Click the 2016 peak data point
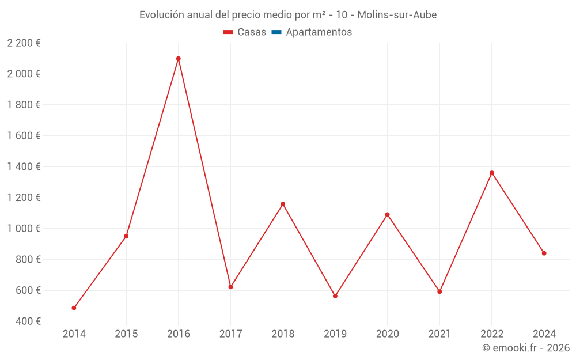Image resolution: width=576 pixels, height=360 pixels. pyautogui.click(x=179, y=59)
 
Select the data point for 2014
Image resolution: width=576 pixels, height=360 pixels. pyautogui.click(x=74, y=308)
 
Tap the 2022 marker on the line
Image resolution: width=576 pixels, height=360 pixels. pyautogui.click(x=492, y=173)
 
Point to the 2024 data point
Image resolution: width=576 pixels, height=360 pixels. pyautogui.click(x=544, y=253)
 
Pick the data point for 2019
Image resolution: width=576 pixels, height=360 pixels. pyautogui.click(x=335, y=296)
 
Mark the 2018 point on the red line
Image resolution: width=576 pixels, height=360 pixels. pyautogui.click(x=283, y=204)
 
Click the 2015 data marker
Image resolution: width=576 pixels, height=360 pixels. pyautogui.click(x=126, y=236)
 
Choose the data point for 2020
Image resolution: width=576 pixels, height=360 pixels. pyautogui.click(x=387, y=215)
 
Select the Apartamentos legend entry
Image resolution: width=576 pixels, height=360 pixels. pyautogui.click(x=319, y=32)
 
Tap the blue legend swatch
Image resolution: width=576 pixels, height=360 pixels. pyautogui.click(x=276, y=32)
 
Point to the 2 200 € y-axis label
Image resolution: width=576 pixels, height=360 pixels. pyautogui.click(x=24, y=43)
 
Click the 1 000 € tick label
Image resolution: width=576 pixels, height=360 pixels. pyautogui.click(x=24, y=229)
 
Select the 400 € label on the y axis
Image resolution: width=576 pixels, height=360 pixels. pyautogui.click(x=28, y=321)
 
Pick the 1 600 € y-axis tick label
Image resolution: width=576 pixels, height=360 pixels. pyautogui.click(x=24, y=136)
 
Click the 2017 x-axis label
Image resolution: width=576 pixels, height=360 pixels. pyautogui.click(x=230, y=334)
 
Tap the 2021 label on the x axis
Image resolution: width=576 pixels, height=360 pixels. pyautogui.click(x=439, y=334)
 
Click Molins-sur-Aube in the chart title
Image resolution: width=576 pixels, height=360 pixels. pyautogui.click(x=397, y=15)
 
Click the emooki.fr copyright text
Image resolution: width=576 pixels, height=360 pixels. pyautogui.click(x=526, y=348)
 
